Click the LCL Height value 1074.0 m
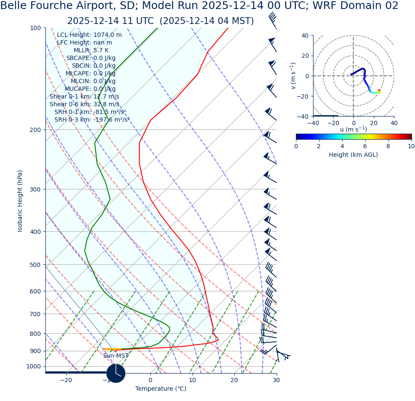[x=107, y=35]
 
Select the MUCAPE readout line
[x=90, y=89]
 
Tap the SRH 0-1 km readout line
[x=90, y=112]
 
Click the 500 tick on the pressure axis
[x=35, y=265]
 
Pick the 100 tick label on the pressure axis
[x=35, y=28]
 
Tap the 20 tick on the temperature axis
[x=234, y=380]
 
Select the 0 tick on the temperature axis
[x=150, y=380]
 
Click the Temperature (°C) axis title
[x=161, y=389]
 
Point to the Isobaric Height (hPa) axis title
[x=20, y=201]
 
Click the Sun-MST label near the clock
[x=116, y=356]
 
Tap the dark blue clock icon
[x=116, y=373]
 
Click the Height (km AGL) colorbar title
[x=353, y=155]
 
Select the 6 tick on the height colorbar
[x=365, y=146]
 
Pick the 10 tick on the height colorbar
[x=411, y=146]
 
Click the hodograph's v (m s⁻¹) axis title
[x=293, y=76]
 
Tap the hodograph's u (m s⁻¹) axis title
[x=353, y=129]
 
